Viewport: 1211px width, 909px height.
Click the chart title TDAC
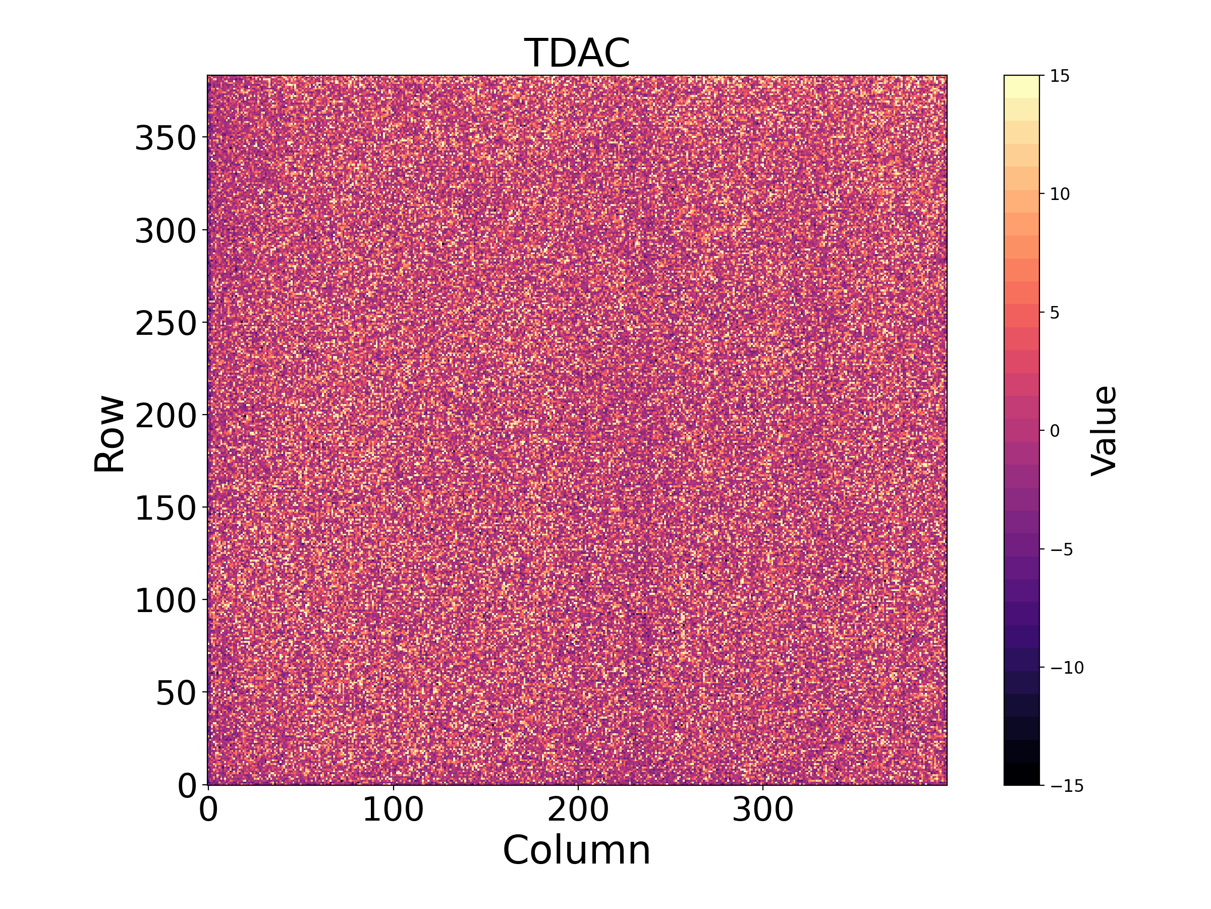tap(577, 53)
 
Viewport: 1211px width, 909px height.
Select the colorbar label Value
tap(1104, 431)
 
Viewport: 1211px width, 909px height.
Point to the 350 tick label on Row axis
tap(166, 137)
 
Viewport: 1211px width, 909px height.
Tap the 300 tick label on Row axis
tap(166, 231)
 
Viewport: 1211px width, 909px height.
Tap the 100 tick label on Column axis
tap(393, 810)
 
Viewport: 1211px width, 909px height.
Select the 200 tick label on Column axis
tap(578, 810)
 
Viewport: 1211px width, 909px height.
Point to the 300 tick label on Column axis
tap(762, 810)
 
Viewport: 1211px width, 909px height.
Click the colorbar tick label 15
tap(1060, 76)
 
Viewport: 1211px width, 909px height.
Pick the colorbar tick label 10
tap(1060, 194)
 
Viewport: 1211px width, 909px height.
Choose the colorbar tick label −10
tap(1067, 668)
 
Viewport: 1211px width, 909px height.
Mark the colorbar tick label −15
tap(1067, 786)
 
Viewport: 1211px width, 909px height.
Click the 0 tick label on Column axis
tap(208, 810)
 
